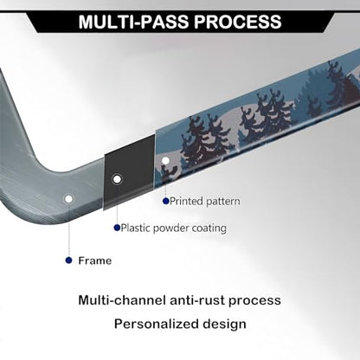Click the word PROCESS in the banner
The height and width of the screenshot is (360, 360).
[238, 22]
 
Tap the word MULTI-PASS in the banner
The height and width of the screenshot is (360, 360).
[133, 22]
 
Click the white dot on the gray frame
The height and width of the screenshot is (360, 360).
[68, 199]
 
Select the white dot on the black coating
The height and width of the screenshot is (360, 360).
[117, 179]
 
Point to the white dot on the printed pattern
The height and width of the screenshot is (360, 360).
[165, 161]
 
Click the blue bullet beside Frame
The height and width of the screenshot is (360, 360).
[68, 260]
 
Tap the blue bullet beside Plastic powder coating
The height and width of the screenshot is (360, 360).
[117, 228]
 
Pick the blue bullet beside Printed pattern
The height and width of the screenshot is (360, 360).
[165, 201]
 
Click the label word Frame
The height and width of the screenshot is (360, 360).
[95, 260]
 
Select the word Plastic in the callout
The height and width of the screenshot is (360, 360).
[136, 228]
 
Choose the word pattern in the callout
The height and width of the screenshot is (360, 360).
[222, 202]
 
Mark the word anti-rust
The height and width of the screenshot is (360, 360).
[196, 300]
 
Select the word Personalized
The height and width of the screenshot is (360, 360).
[156, 325]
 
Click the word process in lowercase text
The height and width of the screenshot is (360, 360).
[255, 301]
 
